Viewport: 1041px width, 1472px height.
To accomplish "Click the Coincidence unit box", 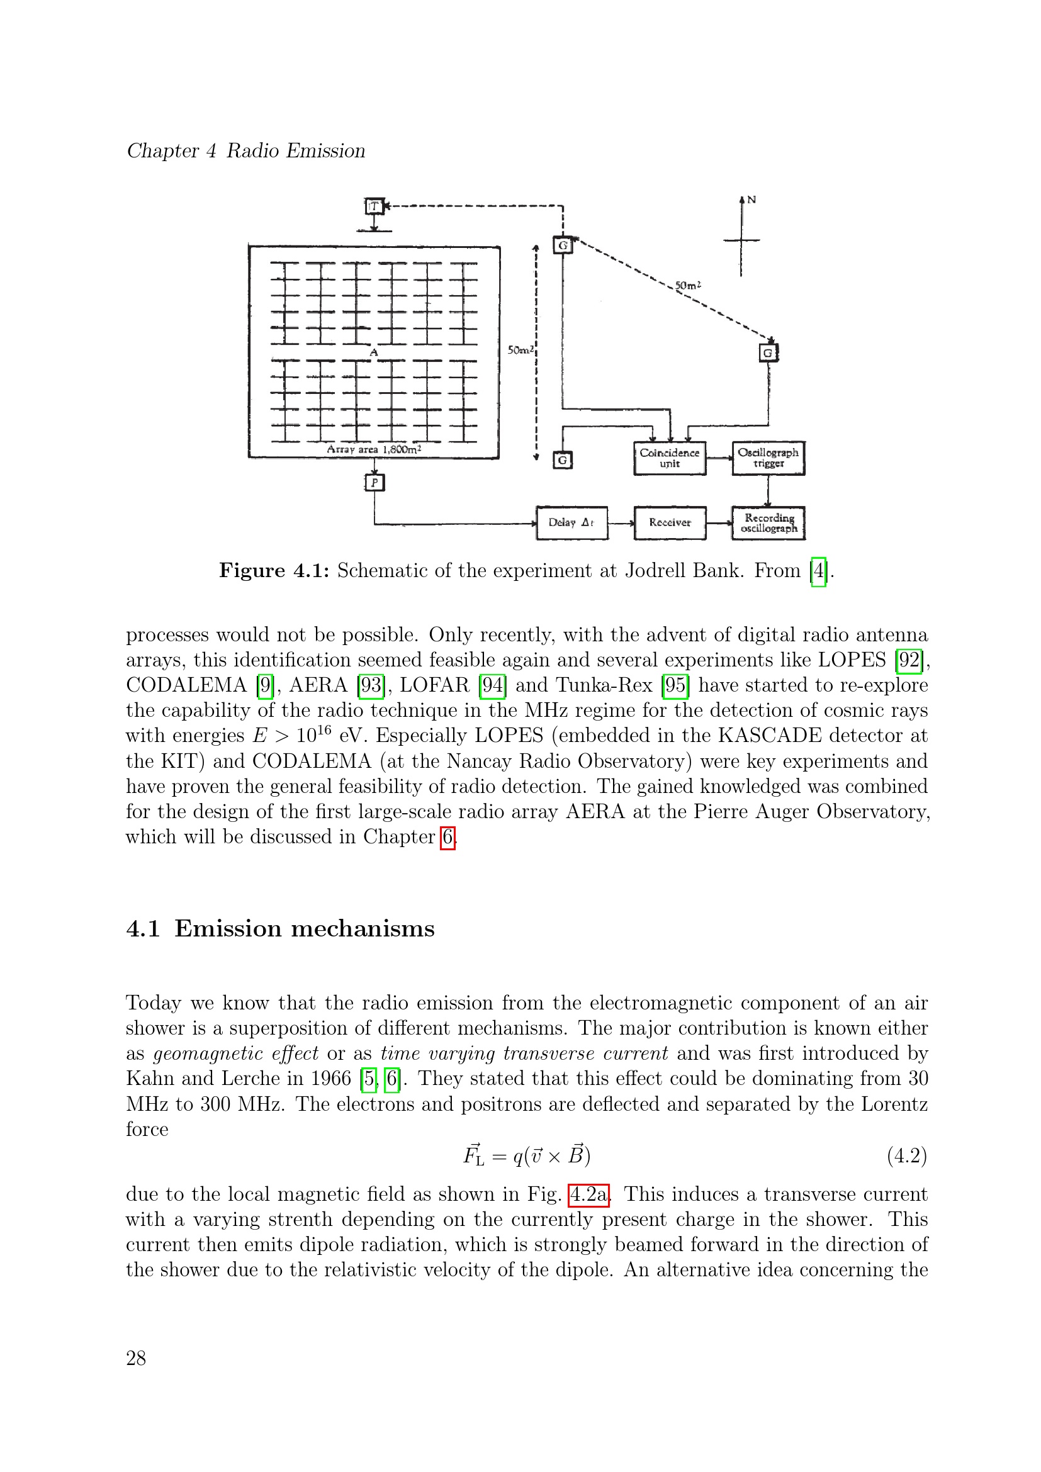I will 669,458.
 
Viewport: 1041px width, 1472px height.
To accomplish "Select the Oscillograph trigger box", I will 768,458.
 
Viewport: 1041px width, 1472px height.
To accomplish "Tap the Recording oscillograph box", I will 768,523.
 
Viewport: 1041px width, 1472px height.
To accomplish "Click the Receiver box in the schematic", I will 669,522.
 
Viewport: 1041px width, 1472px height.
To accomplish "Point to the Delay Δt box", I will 571,522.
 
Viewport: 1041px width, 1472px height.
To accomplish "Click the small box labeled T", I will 374,206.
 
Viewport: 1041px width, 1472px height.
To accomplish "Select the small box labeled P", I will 374,483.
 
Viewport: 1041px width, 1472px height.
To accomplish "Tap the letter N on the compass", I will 751,200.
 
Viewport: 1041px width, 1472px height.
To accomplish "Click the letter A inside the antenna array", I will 374,352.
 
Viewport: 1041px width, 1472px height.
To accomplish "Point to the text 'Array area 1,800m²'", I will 374,449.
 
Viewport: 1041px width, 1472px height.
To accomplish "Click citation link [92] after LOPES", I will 909,660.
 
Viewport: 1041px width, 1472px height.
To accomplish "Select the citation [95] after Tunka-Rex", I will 675,685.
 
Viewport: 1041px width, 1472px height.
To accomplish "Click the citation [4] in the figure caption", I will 819,571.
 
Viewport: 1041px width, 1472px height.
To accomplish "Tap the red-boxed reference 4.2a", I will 588,1194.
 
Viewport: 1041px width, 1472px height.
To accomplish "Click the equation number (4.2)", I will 907,1156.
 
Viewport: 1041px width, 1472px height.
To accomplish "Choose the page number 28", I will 136,1358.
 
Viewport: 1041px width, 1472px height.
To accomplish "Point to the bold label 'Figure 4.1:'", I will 274,571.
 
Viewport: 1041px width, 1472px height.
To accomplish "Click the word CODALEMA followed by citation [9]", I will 186,685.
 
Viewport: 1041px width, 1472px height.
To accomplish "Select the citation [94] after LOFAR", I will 492,685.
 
